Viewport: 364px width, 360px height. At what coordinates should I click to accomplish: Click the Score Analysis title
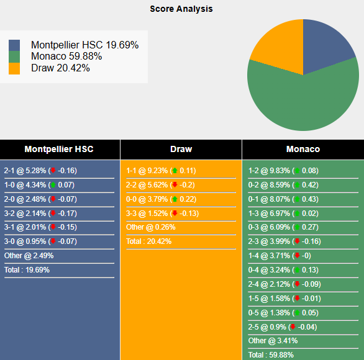(181, 9)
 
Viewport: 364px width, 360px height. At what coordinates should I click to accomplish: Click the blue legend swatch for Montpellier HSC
(14, 45)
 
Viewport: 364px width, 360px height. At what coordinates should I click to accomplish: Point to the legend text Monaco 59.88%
(66, 56)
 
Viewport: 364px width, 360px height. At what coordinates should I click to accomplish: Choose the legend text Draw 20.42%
(60, 68)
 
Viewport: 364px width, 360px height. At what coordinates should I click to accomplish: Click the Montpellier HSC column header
(59, 149)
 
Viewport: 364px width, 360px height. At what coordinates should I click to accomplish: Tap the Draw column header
(181, 149)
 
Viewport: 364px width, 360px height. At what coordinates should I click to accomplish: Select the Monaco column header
(303, 149)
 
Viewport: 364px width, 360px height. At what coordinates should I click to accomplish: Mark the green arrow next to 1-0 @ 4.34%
(53, 185)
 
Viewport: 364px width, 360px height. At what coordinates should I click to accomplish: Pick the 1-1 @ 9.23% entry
(161, 171)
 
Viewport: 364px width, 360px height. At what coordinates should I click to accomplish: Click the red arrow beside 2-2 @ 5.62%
(175, 185)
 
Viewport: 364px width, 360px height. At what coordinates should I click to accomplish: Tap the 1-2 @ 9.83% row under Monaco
(283, 171)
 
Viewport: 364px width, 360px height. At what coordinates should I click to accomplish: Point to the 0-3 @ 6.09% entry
(283, 227)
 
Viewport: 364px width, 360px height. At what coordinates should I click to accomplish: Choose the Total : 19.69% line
(27, 270)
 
